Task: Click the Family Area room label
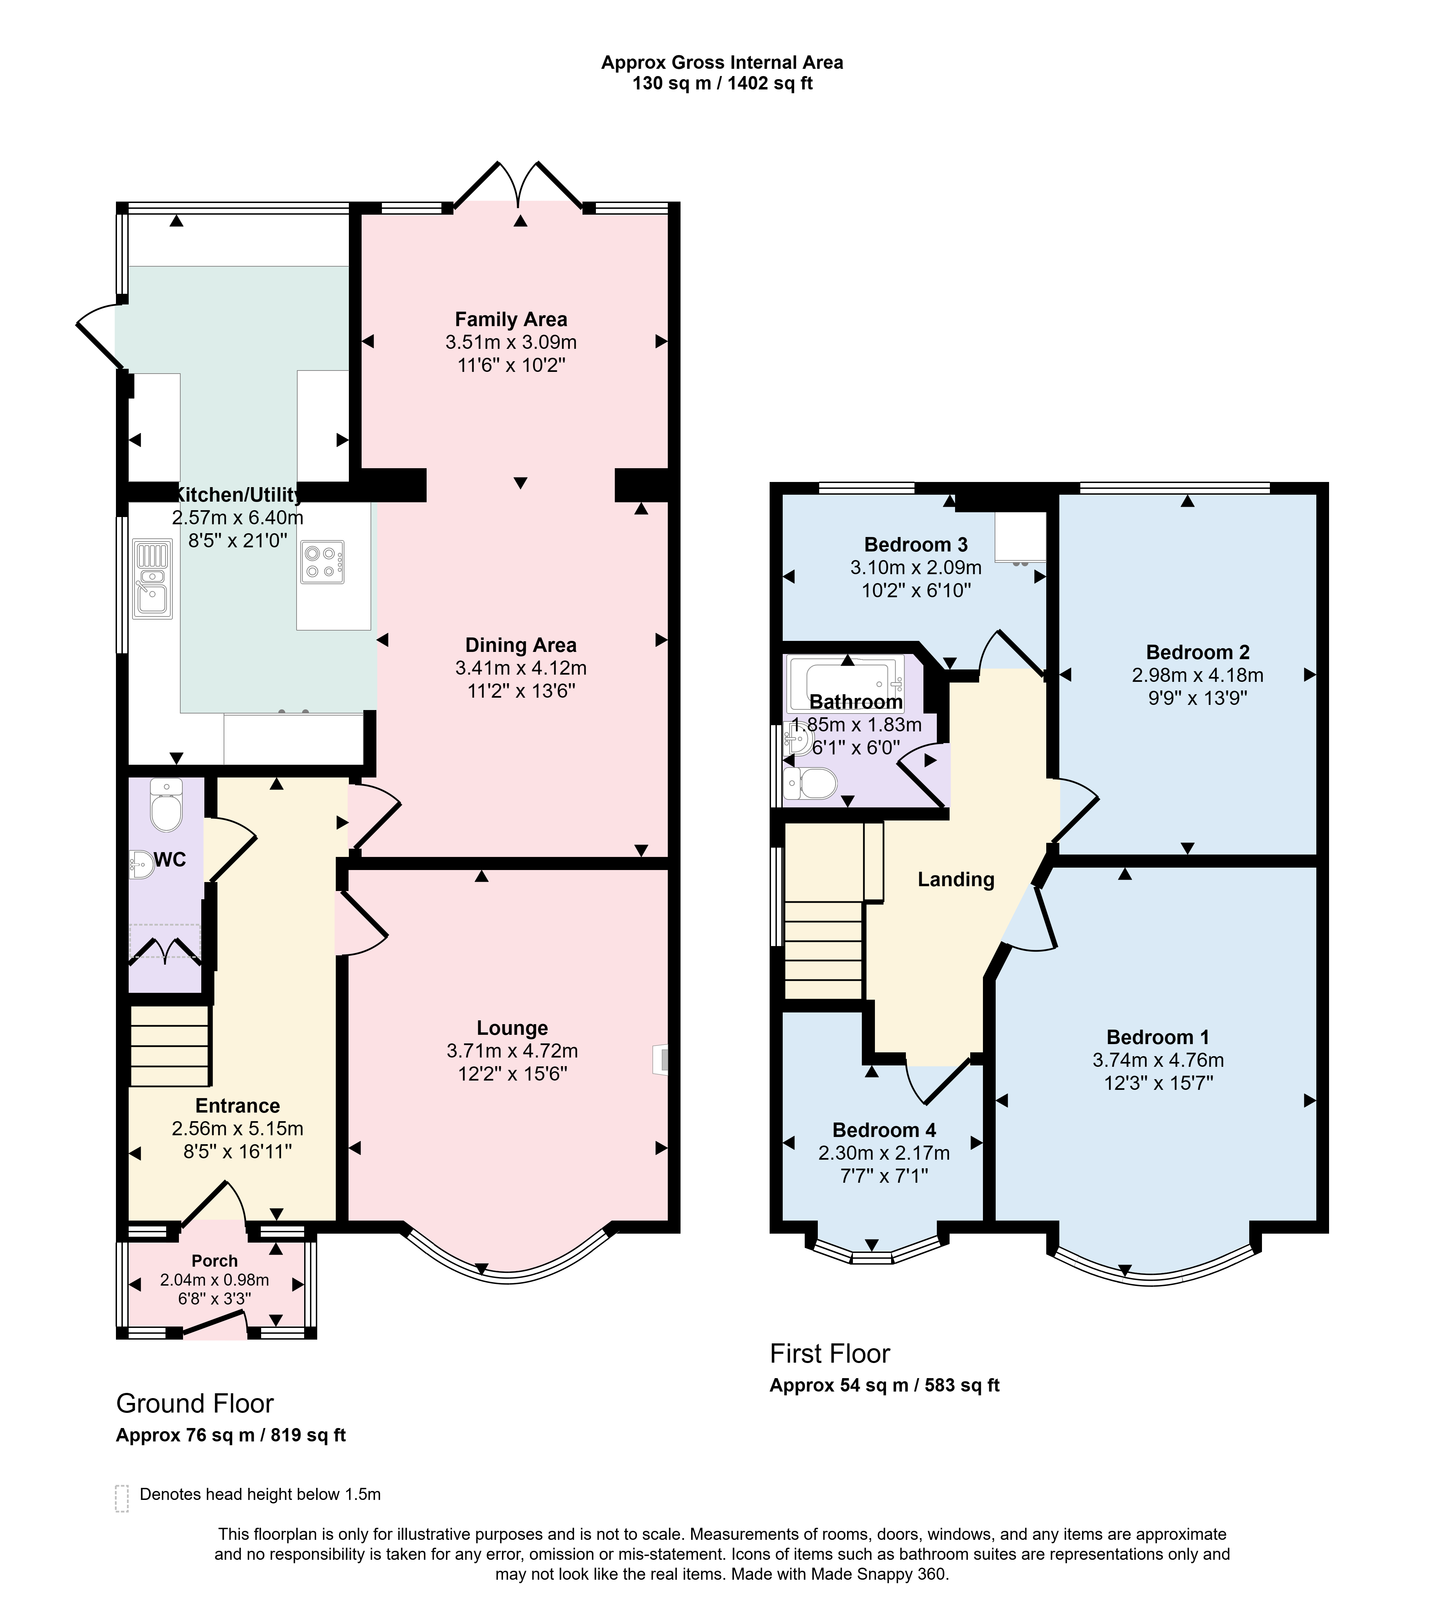tap(511, 319)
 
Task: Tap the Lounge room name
tap(512, 1028)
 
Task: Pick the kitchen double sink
tap(152, 579)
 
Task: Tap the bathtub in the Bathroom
tap(846, 682)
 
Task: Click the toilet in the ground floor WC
tap(166, 804)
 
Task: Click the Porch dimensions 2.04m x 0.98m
tap(214, 1280)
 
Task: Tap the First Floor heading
tap(830, 1354)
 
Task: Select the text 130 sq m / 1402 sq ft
tap(722, 83)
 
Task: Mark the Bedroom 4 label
tap(884, 1130)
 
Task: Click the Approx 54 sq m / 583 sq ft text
tap(885, 1385)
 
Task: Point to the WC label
tap(170, 860)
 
